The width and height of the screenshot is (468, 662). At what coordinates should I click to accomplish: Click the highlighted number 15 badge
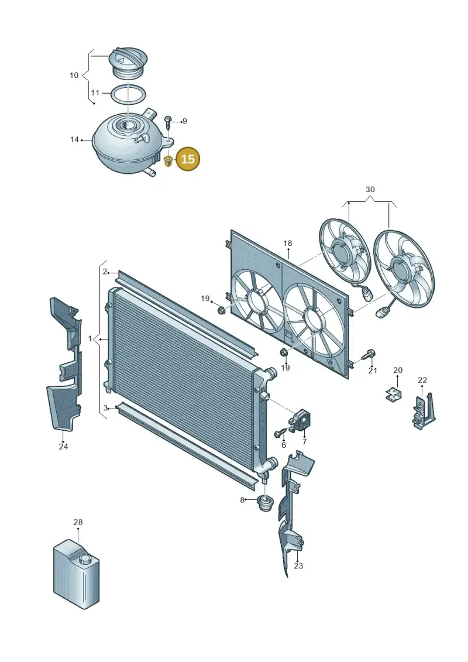(x=187, y=159)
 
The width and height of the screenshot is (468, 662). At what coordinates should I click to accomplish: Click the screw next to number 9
(x=168, y=122)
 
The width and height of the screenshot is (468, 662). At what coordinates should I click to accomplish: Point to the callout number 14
(x=75, y=139)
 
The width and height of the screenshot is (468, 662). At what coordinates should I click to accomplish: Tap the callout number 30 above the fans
(x=370, y=190)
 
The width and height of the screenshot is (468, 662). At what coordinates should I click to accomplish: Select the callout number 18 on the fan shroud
(x=287, y=243)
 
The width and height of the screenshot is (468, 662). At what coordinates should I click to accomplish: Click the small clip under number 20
(x=393, y=394)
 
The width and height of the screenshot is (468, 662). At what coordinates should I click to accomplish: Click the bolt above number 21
(x=370, y=355)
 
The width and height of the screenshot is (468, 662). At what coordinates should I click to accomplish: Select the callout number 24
(x=63, y=446)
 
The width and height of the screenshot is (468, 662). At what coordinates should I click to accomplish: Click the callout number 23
(x=298, y=566)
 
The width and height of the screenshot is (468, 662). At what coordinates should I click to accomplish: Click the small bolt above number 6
(x=280, y=433)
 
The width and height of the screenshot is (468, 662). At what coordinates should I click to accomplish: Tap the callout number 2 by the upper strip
(x=105, y=272)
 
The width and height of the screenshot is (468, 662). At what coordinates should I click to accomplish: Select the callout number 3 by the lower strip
(x=105, y=408)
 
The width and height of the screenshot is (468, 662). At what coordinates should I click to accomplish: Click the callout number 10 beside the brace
(x=74, y=75)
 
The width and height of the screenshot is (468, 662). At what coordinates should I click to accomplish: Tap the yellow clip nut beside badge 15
(x=167, y=161)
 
